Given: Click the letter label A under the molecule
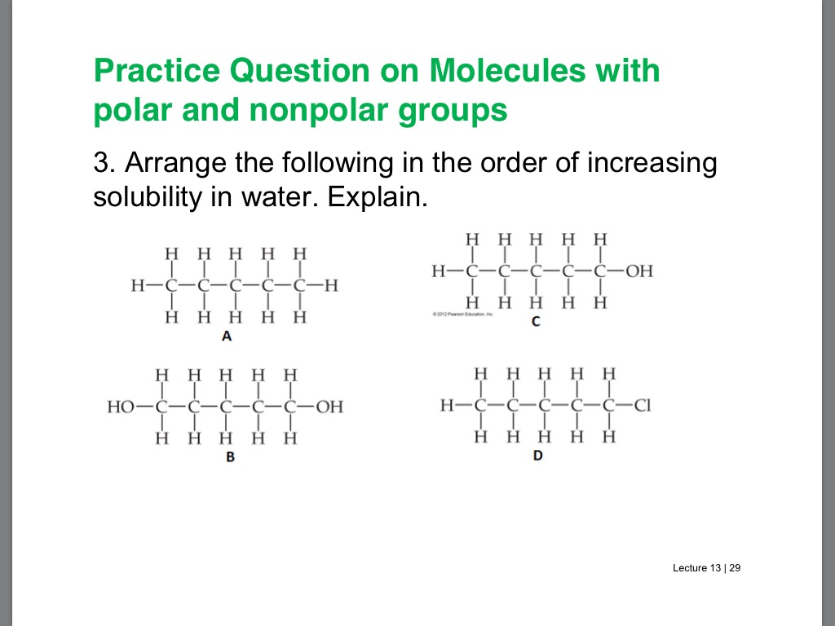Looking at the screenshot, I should (227, 337).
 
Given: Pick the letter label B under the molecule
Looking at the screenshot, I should (230, 457).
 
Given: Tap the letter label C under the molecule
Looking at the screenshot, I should (536, 322).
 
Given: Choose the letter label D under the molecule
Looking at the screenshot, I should (538, 455).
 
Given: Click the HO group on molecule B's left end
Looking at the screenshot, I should (121, 406).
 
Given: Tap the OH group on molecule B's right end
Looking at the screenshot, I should (329, 406).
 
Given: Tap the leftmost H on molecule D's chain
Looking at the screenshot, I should (446, 405).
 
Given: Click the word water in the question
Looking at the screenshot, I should (273, 198).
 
